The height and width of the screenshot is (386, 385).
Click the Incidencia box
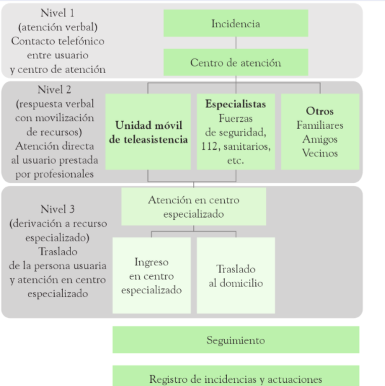click(236, 23)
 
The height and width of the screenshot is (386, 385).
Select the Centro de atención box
click(236, 63)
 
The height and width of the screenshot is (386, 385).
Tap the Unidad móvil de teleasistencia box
click(148, 131)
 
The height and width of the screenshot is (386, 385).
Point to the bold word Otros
click(320, 112)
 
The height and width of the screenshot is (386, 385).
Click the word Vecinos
click(320, 153)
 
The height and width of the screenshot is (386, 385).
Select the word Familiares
click(320, 125)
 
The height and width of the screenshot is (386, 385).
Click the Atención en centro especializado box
click(194, 206)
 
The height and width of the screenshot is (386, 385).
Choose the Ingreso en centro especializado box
click(151, 276)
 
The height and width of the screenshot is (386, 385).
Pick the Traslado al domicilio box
click(236, 276)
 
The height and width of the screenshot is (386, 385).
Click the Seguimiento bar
click(236, 340)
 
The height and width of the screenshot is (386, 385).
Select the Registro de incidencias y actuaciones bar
click(236, 379)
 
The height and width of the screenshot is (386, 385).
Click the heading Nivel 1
click(57, 13)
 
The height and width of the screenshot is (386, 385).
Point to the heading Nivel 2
click(57, 90)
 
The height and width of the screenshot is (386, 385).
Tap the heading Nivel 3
click(57, 208)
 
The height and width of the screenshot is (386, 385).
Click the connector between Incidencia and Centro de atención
click(236, 43)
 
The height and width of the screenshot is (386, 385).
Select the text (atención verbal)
click(57, 27)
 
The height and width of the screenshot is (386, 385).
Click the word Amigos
click(320, 139)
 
